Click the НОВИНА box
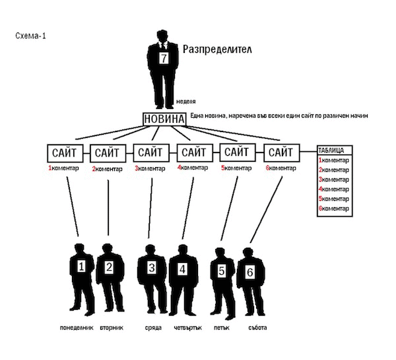point(164,119)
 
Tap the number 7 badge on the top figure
point(164,58)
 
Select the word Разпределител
point(217,50)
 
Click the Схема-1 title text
point(30,36)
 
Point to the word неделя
point(186,102)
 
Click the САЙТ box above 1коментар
point(65,153)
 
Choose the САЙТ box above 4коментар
point(195,153)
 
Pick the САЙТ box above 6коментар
point(282,153)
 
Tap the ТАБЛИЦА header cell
point(335,150)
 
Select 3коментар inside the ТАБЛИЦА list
point(333,180)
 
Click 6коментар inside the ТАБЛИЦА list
point(333,209)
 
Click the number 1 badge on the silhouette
point(81,266)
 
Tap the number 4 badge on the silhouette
point(182,270)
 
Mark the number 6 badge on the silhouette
point(249,272)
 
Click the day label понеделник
point(77,328)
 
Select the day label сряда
point(153,328)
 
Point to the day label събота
point(257,328)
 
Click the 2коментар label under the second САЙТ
point(107,169)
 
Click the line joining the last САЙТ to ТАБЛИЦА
point(308,152)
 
